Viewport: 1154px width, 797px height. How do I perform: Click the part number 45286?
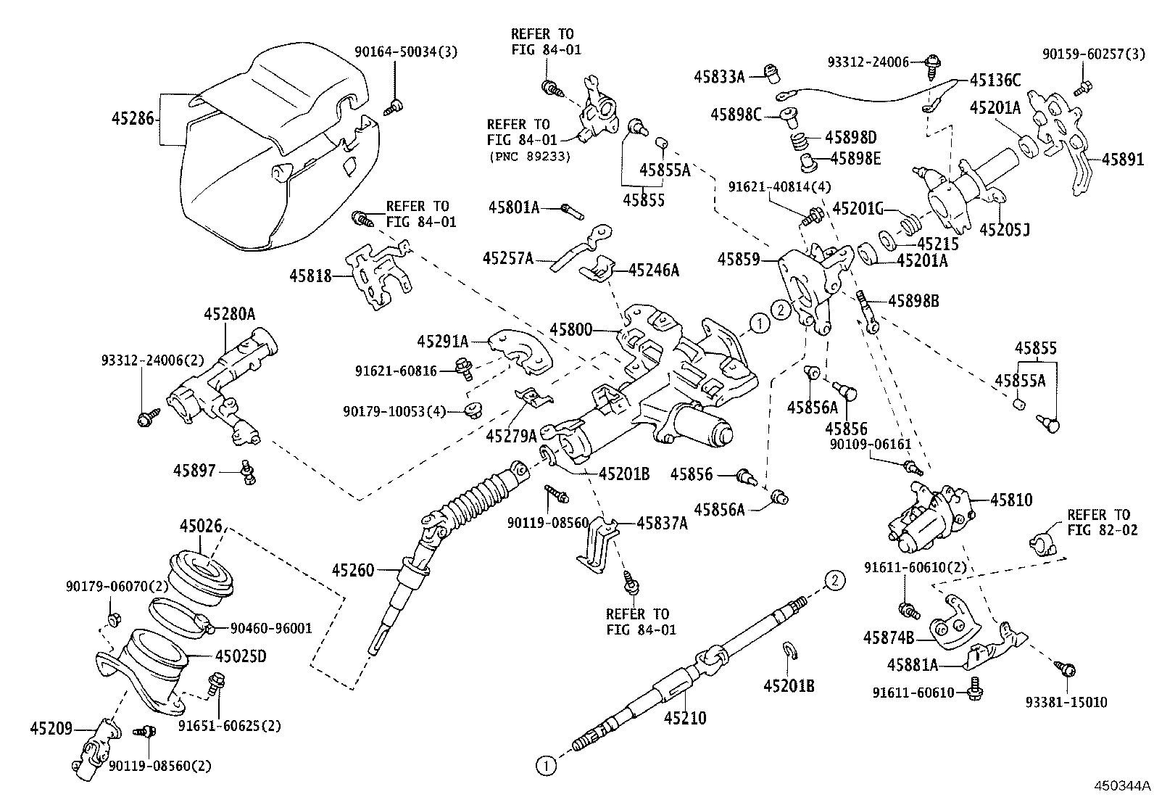(x=133, y=118)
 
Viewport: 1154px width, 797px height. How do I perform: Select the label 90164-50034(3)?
(x=406, y=51)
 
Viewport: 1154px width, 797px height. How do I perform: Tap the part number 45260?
(x=353, y=570)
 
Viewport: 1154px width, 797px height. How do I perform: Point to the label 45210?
(x=685, y=718)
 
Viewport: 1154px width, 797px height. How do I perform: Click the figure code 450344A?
(x=1122, y=785)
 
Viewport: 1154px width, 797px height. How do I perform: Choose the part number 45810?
(x=1011, y=500)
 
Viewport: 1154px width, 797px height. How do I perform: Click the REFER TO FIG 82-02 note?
(x=1098, y=522)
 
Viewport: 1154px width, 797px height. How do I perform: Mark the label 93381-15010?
(x=1066, y=702)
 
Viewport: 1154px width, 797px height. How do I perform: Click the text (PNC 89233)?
(x=529, y=156)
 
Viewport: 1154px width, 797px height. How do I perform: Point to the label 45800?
(x=570, y=331)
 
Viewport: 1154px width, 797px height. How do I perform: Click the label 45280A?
(x=229, y=314)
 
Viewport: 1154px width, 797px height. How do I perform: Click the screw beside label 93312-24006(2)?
(x=144, y=418)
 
